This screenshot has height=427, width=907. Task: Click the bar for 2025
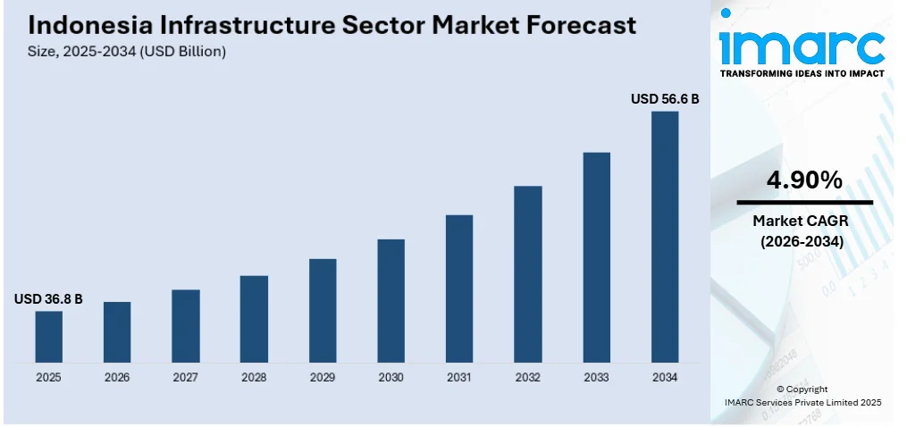point(48,337)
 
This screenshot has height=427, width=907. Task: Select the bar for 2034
point(664,237)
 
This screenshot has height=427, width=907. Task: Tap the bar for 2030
point(391,300)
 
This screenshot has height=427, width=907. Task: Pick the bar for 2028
point(254,319)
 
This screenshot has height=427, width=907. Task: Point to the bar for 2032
point(527,273)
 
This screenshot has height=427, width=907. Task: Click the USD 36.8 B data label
point(48,299)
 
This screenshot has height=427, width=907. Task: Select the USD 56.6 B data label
point(665,99)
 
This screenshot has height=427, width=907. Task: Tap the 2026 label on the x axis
point(117,378)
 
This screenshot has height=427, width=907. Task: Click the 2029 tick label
point(323,378)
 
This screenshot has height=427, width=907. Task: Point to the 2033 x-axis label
point(596,378)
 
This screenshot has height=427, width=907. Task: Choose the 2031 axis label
point(459,378)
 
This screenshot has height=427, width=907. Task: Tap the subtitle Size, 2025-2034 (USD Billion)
point(127,52)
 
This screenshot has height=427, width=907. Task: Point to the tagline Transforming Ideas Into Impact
point(802,72)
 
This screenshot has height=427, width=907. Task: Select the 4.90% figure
point(804,180)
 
